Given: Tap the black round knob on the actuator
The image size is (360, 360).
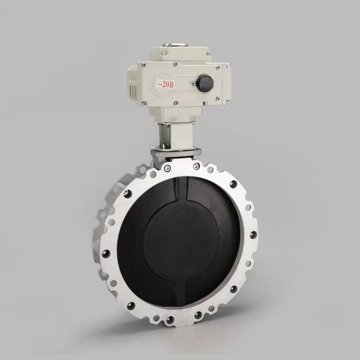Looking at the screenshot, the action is (206, 82).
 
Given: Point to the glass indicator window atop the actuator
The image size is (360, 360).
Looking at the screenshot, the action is (175, 45).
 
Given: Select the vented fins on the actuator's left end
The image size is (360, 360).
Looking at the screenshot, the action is (133, 82).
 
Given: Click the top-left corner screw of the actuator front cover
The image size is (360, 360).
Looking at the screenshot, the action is (144, 65).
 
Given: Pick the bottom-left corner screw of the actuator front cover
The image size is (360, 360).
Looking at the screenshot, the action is (144, 104).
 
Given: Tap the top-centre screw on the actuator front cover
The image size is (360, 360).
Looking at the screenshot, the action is (175, 64).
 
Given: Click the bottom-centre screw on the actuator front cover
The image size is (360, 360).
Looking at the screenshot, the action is (176, 103).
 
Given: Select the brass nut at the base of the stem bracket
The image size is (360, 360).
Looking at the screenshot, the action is (165, 146).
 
